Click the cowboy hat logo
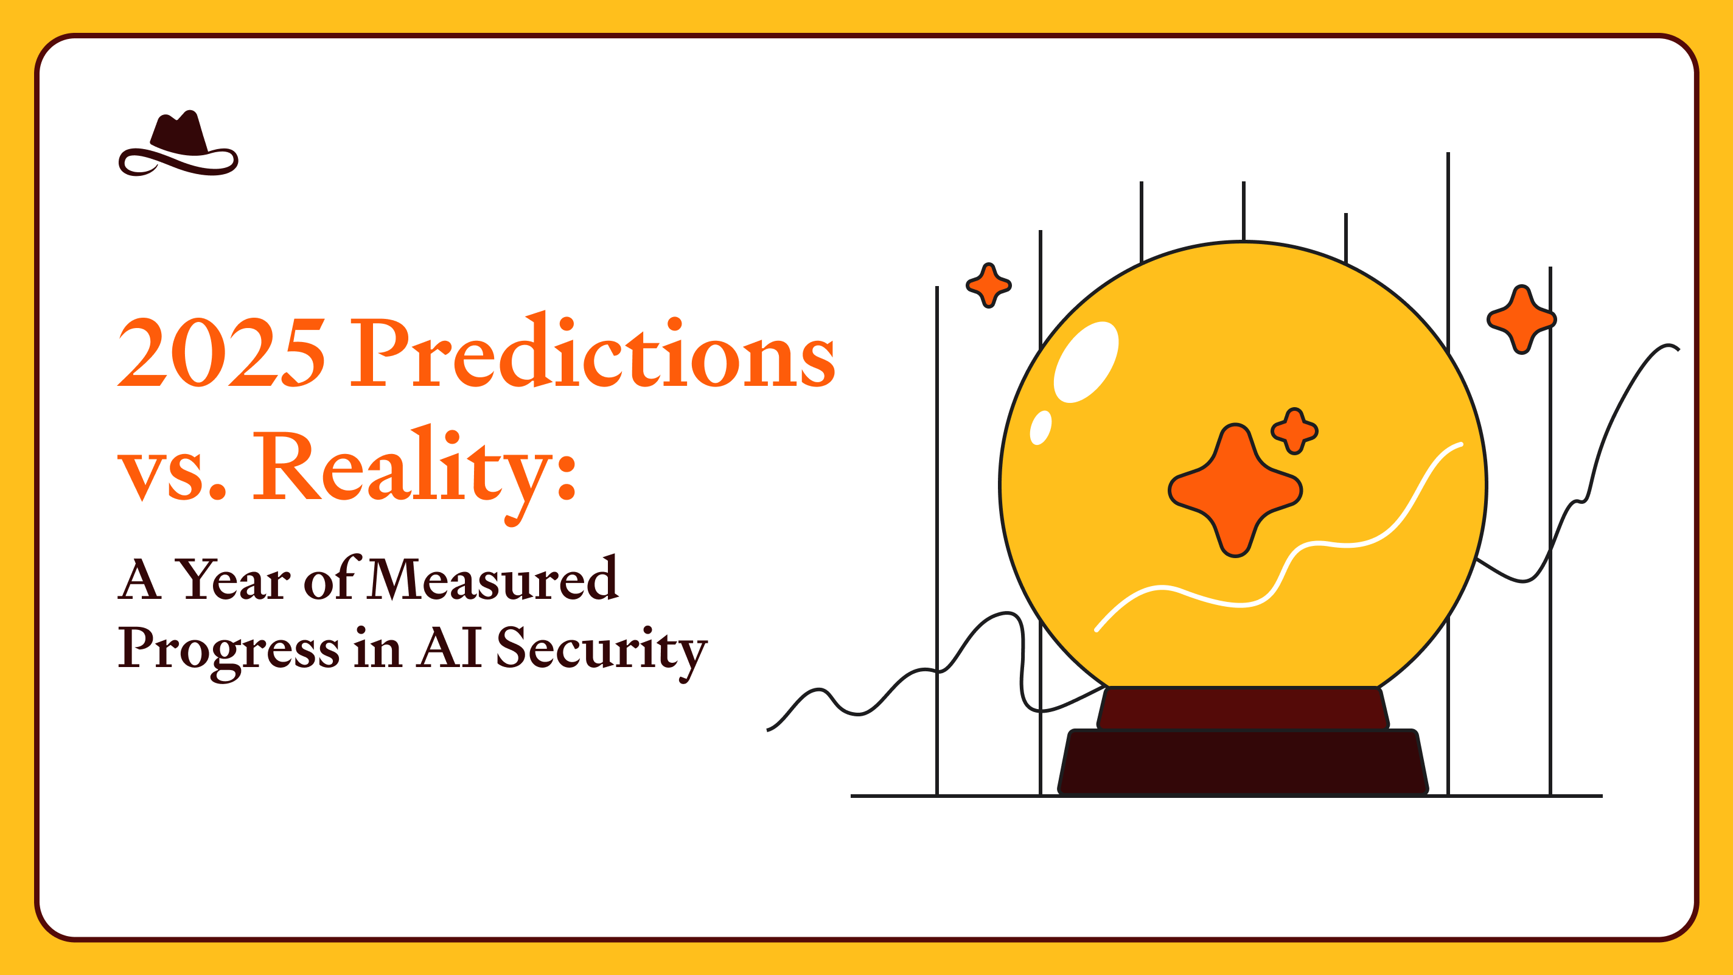(x=178, y=144)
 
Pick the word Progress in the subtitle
(x=229, y=648)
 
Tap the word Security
(x=601, y=648)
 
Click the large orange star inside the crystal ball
(x=1235, y=491)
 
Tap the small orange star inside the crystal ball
(x=1294, y=431)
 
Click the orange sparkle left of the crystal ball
(x=988, y=285)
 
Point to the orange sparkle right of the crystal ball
(x=1522, y=319)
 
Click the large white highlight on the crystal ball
(x=1085, y=362)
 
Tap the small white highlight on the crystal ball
(x=1040, y=428)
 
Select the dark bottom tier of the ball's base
(x=1243, y=762)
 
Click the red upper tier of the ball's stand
(x=1243, y=708)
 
